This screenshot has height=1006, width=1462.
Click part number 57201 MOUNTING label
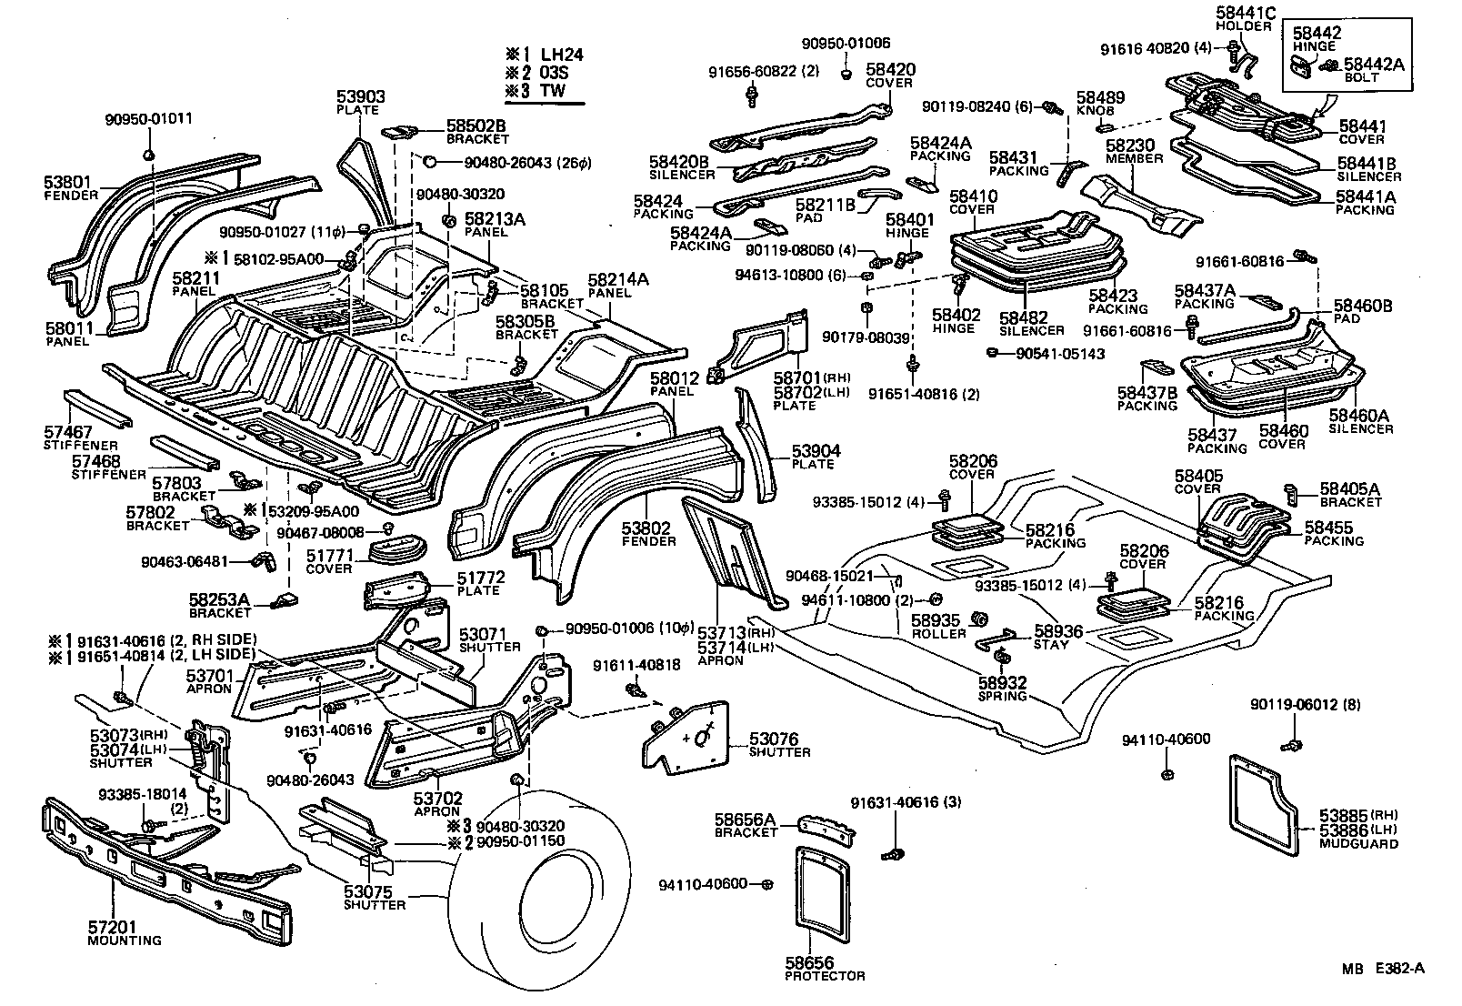(124, 933)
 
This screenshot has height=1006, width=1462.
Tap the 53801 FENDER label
(71, 187)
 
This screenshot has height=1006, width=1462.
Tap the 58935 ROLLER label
(938, 626)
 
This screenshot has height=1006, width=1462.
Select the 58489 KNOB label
(1100, 103)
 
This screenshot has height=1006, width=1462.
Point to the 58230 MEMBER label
(1134, 150)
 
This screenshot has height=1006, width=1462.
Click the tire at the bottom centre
(546, 900)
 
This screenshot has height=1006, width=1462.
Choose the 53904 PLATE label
(815, 457)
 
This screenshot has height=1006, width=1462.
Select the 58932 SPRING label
(1002, 689)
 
